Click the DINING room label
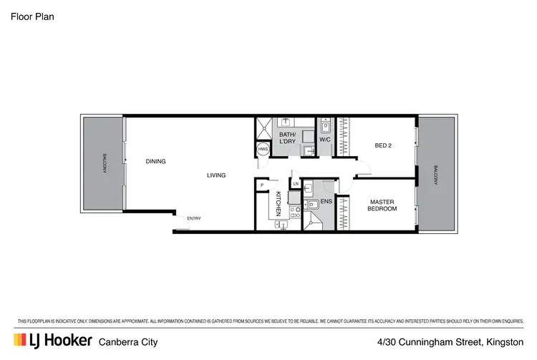click(x=155, y=162)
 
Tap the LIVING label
click(x=216, y=175)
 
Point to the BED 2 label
click(x=384, y=146)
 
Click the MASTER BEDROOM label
click(x=382, y=205)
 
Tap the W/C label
click(x=324, y=140)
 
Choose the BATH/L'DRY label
click(x=288, y=137)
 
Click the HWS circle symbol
click(x=263, y=150)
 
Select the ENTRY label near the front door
click(x=193, y=219)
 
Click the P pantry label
click(x=262, y=185)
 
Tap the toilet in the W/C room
click(x=325, y=127)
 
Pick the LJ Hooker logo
click(x=51, y=340)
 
